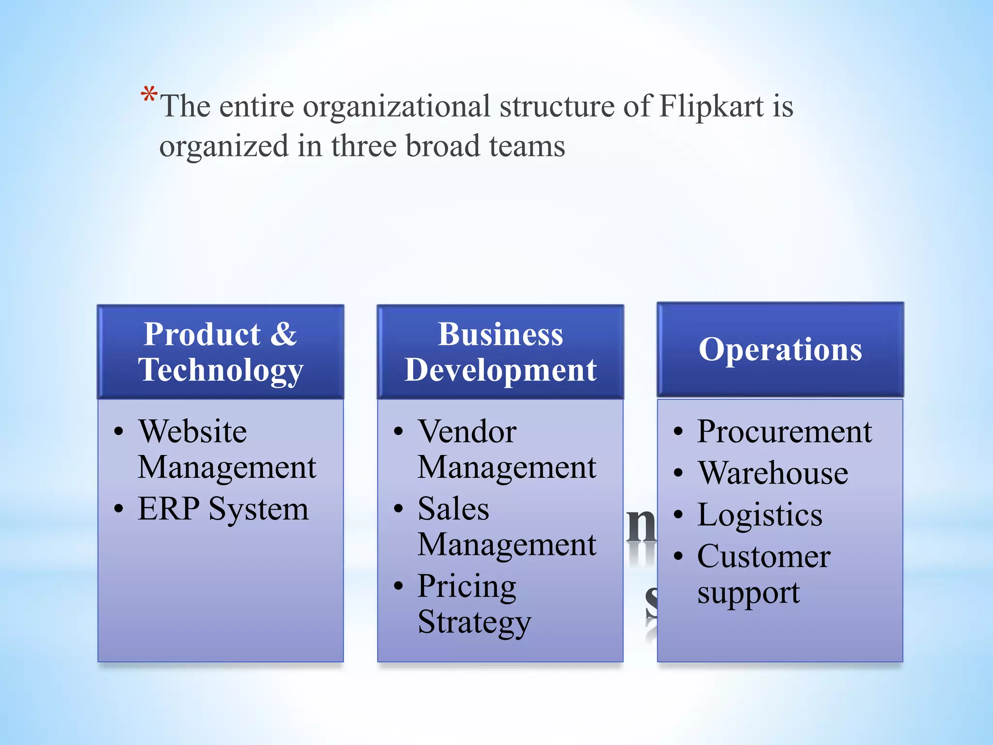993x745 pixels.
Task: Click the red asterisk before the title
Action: pyautogui.click(x=149, y=95)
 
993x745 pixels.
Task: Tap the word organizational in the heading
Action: pyautogui.click(x=397, y=107)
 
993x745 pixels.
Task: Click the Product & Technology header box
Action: pyautogui.click(x=221, y=352)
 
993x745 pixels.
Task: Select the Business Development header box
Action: pyautogui.click(x=500, y=352)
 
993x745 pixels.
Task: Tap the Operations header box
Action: pyautogui.click(x=780, y=350)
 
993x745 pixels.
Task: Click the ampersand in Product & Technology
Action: pyautogui.click(x=283, y=334)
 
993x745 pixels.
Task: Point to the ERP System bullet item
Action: pyautogui.click(x=223, y=509)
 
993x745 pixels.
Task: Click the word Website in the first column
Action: pyautogui.click(x=193, y=431)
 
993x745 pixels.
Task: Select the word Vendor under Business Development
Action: pyautogui.click(x=467, y=431)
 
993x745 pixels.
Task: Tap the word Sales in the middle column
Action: pyautogui.click(x=454, y=509)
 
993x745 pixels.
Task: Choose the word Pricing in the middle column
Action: pyautogui.click(x=467, y=587)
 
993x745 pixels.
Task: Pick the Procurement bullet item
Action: pyautogui.click(x=785, y=431)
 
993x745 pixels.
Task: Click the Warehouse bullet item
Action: pyautogui.click(x=773, y=473)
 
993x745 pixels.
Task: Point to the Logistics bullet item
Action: pyautogui.click(x=760, y=515)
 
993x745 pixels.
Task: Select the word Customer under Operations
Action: pyautogui.click(x=764, y=557)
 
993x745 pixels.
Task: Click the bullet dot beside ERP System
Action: pyautogui.click(x=119, y=509)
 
